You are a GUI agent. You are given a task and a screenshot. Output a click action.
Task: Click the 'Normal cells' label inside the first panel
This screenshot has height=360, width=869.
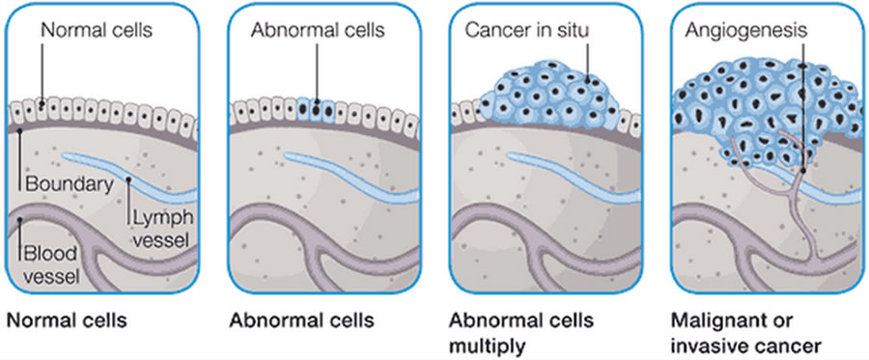coord(97,31)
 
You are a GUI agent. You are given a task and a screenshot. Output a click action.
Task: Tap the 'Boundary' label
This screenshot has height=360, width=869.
coord(69,184)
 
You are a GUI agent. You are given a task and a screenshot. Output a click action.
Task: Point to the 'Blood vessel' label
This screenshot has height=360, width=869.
coord(51,263)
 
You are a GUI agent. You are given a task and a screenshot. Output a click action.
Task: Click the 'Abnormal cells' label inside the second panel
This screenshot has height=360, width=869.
coord(318,31)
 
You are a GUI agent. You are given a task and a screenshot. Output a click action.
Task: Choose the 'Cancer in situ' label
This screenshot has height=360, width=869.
coord(526,31)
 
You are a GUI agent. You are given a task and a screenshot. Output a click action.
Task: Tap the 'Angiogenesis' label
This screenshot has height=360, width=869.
coord(743,31)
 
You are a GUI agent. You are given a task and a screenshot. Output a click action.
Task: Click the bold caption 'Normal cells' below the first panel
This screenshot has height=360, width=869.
coord(67,320)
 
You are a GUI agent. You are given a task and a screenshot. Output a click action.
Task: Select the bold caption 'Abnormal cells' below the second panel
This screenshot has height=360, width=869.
coord(301,320)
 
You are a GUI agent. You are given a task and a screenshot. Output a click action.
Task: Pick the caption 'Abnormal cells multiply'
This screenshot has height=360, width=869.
coord(521,333)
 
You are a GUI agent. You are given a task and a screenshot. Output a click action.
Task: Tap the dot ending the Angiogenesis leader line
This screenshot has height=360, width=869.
coord(802,170)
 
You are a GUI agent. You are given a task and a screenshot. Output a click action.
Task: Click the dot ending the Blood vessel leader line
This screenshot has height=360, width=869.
coord(19,220)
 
